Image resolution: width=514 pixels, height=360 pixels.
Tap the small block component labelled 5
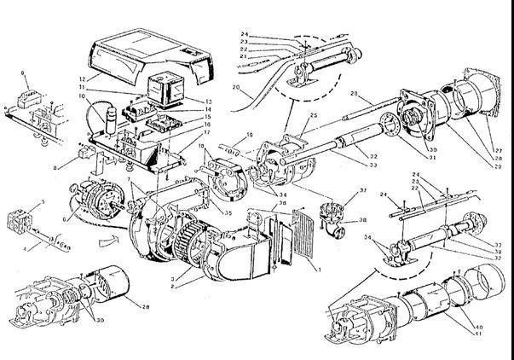20,218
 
